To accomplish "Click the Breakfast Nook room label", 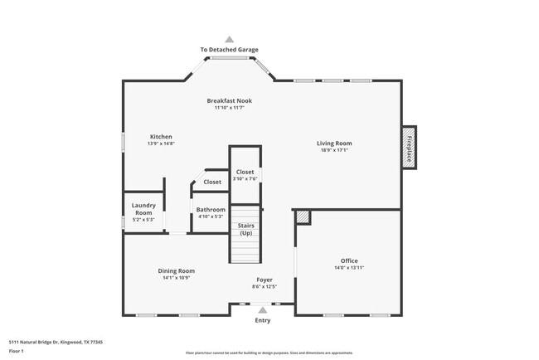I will tap(229, 101).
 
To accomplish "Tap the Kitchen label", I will tap(161, 137).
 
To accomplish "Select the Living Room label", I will tap(334, 144).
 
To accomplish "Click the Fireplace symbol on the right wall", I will tap(409, 148).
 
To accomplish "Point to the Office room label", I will tap(348, 261).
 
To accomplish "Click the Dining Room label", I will tap(176, 270).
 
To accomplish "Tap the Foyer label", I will tap(264, 280).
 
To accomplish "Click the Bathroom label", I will tap(211, 210).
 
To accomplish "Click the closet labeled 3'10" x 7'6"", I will tap(245, 173).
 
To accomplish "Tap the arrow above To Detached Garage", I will tap(230, 39).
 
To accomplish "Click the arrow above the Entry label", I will tap(263, 310).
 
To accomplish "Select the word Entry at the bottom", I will tap(263, 320).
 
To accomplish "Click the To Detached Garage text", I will tap(230, 50).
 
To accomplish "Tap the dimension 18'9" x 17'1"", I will tap(334, 150).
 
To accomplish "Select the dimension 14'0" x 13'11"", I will tap(348, 268).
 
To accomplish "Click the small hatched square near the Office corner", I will tap(303, 216).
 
